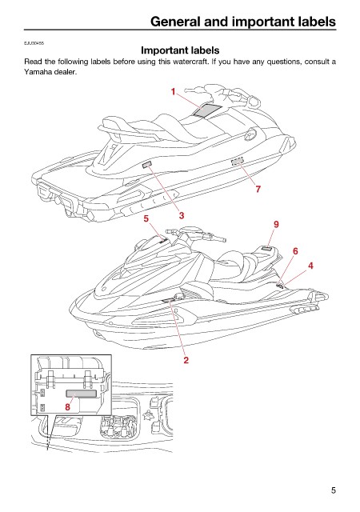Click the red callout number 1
pyautogui.click(x=173, y=92)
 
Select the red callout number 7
pyautogui.click(x=258, y=189)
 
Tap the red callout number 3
pyautogui.click(x=182, y=215)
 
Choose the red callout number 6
pyautogui.click(x=295, y=251)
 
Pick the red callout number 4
pyautogui.click(x=310, y=266)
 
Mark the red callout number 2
pyautogui.click(x=186, y=360)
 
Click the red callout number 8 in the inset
pyautogui.click(x=68, y=407)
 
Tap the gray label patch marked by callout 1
pyautogui.click(x=206, y=110)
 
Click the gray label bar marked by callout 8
pyautogui.click(x=82, y=394)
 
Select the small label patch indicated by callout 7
pyautogui.click(x=238, y=161)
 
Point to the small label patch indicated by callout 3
pyautogui.click(x=147, y=165)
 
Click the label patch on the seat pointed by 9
pyautogui.click(x=266, y=249)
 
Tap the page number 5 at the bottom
pyautogui.click(x=333, y=490)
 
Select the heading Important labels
pyautogui.click(x=180, y=50)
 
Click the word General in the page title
pyautogui.click(x=176, y=22)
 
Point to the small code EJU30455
pyautogui.click(x=34, y=43)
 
